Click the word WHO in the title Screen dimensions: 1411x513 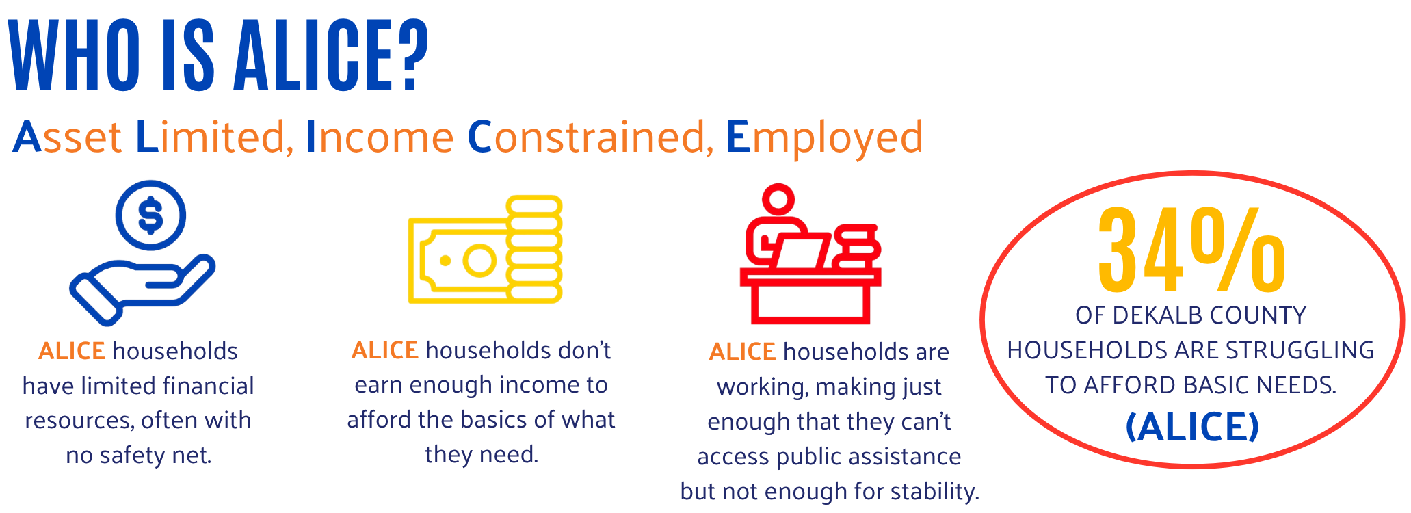(x=75, y=56)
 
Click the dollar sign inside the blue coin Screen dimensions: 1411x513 (x=150, y=215)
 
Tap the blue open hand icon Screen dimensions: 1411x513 (x=142, y=290)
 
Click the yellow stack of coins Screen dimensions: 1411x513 (x=534, y=249)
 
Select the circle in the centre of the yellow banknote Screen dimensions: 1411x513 (x=479, y=261)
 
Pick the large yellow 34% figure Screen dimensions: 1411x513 (x=1191, y=250)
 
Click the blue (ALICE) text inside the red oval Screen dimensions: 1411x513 (x=1192, y=427)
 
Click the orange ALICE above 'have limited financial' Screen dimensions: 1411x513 (x=72, y=351)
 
